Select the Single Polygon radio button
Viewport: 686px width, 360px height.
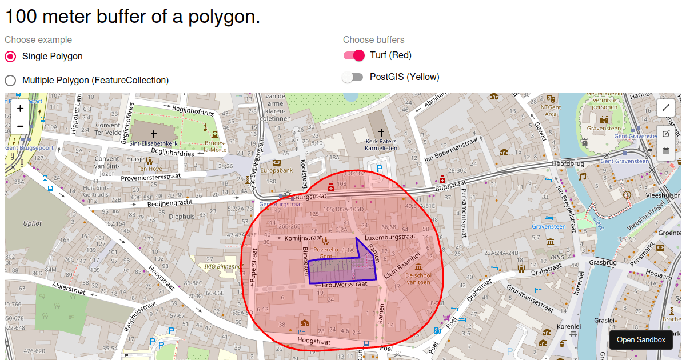(10, 57)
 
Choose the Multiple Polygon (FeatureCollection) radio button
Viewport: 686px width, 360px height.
(10, 81)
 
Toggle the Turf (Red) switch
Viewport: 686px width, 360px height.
(353, 55)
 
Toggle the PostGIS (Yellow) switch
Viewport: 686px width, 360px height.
(353, 77)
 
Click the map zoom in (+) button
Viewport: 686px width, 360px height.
(20, 109)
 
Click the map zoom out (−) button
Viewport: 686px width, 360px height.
(20, 126)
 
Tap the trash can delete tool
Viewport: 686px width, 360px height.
(665, 151)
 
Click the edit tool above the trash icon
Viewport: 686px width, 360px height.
(665, 134)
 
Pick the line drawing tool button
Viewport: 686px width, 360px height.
(665, 107)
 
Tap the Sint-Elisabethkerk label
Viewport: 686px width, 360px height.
(153, 143)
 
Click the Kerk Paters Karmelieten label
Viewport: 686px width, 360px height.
(381, 144)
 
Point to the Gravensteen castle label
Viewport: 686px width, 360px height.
(604, 129)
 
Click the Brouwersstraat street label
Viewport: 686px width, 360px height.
(344, 284)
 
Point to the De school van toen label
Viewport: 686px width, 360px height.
(418, 278)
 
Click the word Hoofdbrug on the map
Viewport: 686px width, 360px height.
(567, 163)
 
